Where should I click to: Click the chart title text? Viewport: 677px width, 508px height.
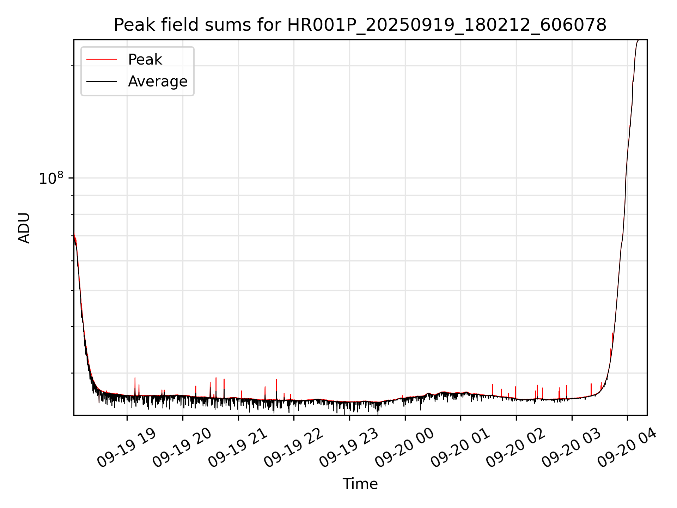(x=360, y=25)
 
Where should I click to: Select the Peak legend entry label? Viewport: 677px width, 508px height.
(x=145, y=60)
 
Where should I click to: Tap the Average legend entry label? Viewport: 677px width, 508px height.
(x=158, y=81)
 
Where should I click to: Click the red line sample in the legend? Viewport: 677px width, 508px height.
(x=102, y=60)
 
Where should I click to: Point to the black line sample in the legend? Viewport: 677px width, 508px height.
(x=102, y=81)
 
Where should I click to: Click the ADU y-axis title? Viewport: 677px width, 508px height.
(x=24, y=228)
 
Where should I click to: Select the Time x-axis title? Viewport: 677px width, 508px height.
(x=360, y=484)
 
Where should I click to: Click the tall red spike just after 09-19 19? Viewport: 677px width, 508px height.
(x=135, y=383)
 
